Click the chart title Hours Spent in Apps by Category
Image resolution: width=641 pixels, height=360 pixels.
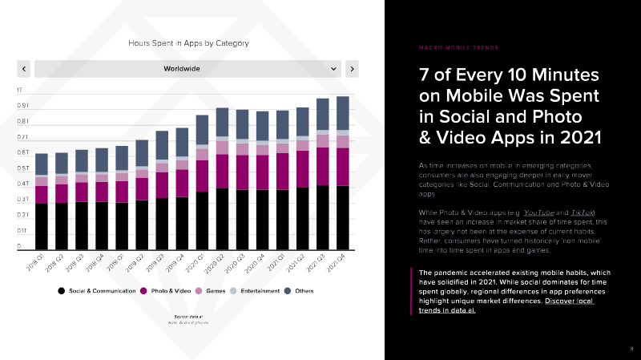pyautogui.click(x=189, y=42)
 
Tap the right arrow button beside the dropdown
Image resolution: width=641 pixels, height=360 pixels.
pyautogui.click(x=353, y=69)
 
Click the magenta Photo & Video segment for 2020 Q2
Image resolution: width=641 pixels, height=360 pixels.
pyautogui.click(x=223, y=172)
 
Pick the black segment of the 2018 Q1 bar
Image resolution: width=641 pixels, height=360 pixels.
pyautogui.click(x=41, y=225)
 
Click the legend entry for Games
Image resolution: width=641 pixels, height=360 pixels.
pyautogui.click(x=210, y=290)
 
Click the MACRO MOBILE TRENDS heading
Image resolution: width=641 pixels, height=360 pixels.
pyautogui.click(x=457, y=47)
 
